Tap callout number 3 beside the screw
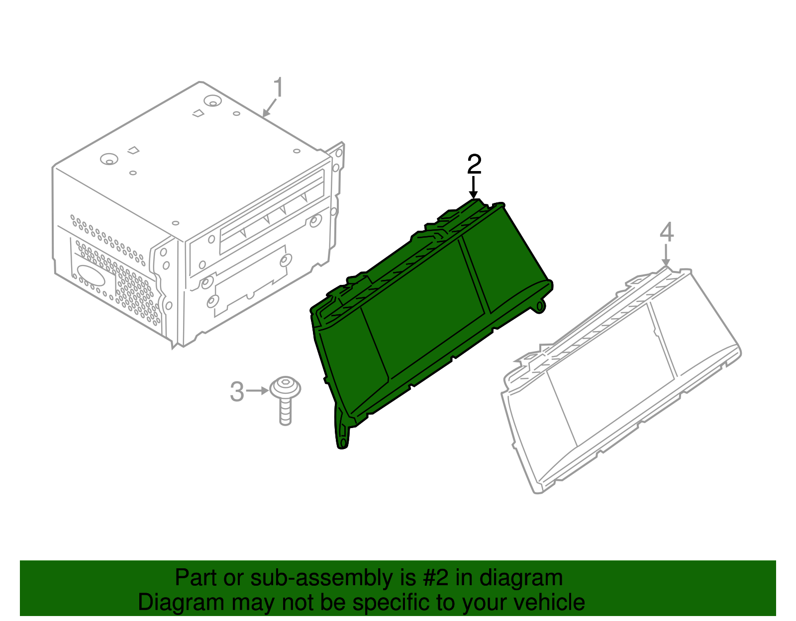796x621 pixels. point(237,392)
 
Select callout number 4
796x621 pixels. point(666,232)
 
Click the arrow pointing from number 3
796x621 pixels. point(257,391)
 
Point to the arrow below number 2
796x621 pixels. point(474,188)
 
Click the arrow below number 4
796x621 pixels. point(666,256)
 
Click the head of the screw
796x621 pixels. point(285,387)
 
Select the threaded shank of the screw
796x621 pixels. point(286,412)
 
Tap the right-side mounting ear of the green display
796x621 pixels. point(540,306)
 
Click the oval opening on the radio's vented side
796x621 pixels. point(91,275)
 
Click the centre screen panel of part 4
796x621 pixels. point(610,375)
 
